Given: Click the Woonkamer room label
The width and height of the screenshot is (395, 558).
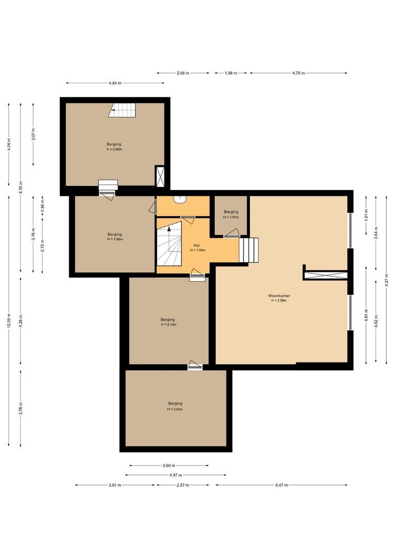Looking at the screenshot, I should click(279, 296).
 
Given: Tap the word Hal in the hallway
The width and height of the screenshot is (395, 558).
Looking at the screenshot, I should click(197, 245).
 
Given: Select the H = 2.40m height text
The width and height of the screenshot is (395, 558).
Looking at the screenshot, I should click(114, 149).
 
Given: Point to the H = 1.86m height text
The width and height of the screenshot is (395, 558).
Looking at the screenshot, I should click(115, 239).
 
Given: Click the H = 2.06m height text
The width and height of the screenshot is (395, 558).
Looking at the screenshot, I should click(175, 409).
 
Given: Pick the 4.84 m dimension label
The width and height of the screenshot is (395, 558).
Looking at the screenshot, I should click(116, 83).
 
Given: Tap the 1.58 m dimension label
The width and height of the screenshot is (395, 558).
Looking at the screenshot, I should click(230, 73).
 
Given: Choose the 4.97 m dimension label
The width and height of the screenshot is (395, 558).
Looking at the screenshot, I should click(175, 475).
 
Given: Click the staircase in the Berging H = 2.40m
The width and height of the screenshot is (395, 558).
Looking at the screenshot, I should click(123, 110).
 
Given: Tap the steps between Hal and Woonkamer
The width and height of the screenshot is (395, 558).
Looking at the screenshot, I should click(249, 250).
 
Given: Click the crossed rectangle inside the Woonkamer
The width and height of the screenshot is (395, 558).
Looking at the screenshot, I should click(325, 275).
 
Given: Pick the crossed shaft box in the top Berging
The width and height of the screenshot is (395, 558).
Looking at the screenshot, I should click(160, 176).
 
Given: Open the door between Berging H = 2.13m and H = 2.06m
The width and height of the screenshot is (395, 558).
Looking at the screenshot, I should click(195, 365).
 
